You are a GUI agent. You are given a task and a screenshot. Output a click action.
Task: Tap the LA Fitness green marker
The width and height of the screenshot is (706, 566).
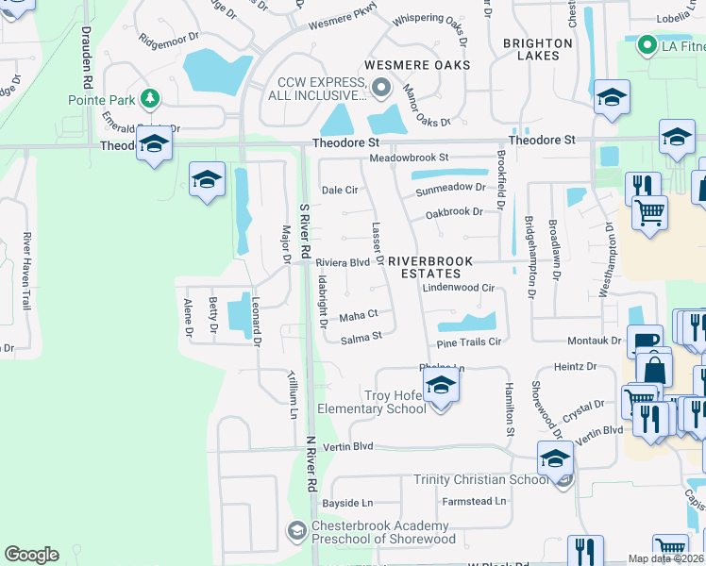647,44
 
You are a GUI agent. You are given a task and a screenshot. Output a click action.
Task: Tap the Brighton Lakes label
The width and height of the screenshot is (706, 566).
537,49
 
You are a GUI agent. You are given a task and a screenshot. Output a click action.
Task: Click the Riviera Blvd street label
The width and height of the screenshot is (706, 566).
343,263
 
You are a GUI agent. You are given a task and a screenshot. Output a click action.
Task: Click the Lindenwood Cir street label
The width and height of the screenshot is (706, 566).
459,288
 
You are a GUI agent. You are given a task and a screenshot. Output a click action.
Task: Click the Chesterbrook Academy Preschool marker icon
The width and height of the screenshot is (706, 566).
297,531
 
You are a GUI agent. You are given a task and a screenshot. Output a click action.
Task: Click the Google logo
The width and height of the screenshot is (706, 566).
31,555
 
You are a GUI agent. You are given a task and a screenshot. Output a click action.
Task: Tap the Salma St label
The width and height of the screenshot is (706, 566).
361,338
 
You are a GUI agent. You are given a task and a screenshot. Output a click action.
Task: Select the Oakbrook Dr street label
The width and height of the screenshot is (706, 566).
455,213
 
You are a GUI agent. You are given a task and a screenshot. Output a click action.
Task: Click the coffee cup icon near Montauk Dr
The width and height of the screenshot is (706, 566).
647,343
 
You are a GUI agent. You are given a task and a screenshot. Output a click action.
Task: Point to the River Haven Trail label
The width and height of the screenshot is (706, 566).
27,272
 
